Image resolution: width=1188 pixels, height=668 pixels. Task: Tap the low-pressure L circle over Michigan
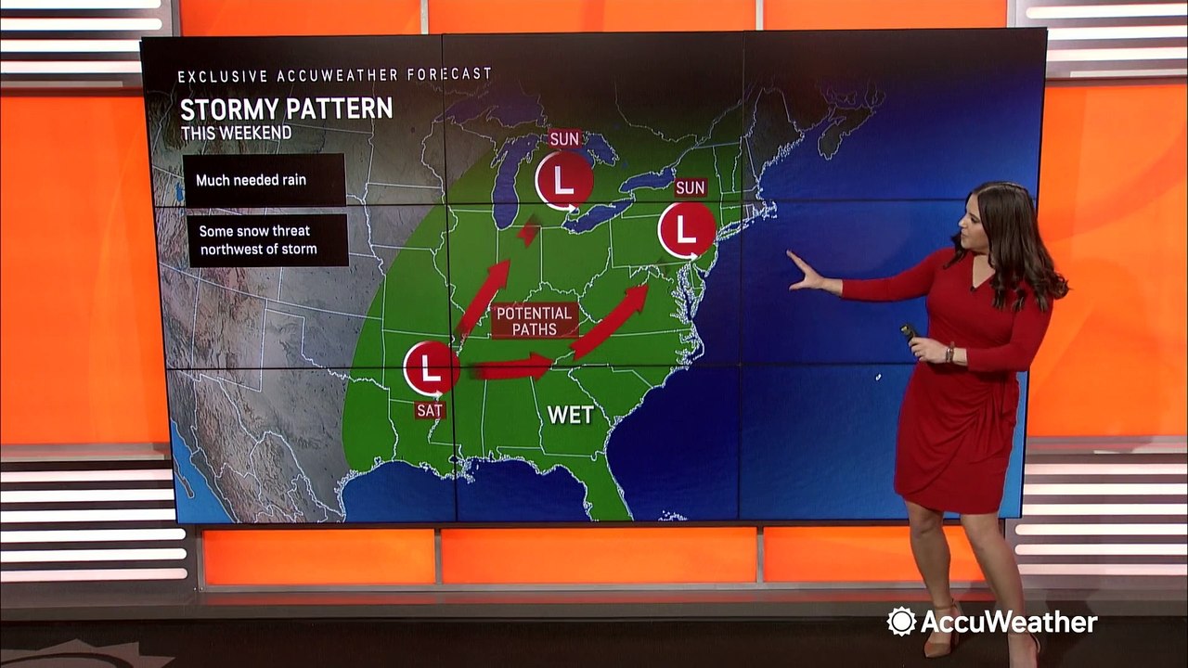click(x=563, y=180)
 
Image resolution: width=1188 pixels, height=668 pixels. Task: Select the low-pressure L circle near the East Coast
click(x=686, y=229)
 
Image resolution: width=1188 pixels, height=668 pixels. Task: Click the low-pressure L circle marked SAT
click(x=431, y=369)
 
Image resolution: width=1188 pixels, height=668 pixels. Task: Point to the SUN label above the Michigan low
click(x=563, y=139)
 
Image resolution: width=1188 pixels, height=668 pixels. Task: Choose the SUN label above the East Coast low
click(x=690, y=187)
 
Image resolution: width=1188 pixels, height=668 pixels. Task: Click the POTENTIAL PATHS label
click(x=535, y=320)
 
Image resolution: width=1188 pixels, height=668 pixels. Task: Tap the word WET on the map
click(x=570, y=415)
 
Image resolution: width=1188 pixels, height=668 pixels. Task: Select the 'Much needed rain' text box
click(x=264, y=180)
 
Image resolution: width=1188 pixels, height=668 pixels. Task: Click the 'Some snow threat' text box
click(x=267, y=240)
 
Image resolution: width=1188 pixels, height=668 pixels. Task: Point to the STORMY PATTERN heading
click(x=286, y=109)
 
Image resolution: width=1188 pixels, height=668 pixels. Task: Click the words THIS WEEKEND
click(x=236, y=133)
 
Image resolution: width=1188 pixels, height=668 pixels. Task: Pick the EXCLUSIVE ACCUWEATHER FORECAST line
click(x=334, y=75)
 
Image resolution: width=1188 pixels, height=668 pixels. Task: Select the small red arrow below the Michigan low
click(x=528, y=231)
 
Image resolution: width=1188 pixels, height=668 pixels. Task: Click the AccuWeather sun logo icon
click(x=901, y=622)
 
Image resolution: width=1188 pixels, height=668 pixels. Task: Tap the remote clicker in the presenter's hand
click(x=909, y=331)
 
